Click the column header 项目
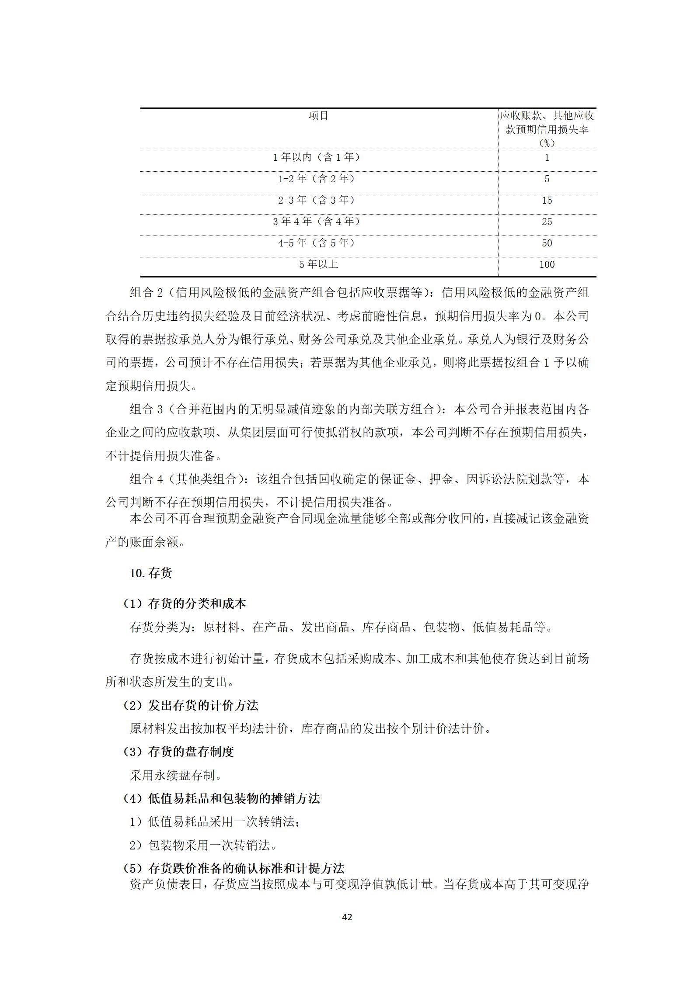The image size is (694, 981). click(318, 116)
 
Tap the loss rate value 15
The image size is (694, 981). click(547, 201)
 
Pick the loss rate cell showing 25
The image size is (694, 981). click(547, 222)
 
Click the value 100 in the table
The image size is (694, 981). click(547, 265)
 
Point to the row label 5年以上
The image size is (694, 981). click(318, 265)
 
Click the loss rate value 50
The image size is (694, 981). click(547, 243)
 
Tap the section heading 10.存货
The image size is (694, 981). click(151, 573)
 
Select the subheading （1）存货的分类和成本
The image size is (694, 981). click(185, 604)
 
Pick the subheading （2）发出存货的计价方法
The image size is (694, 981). click(191, 705)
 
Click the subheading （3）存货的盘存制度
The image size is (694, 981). click(178, 752)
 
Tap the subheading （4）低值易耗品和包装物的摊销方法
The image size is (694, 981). click(221, 799)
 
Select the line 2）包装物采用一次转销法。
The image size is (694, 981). click(203, 846)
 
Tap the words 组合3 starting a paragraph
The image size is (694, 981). click(146, 409)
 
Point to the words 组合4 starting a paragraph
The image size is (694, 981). click(146, 479)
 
